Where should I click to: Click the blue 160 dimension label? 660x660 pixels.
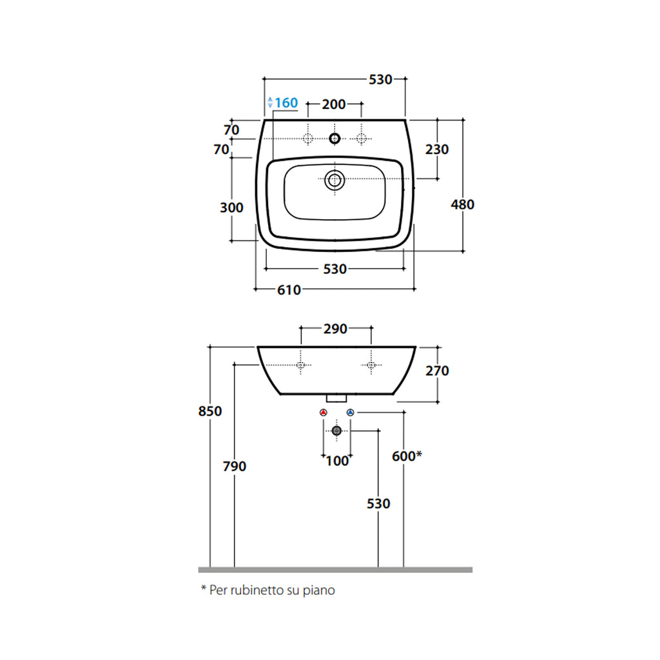point(286,103)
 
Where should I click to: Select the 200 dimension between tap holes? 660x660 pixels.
point(334,104)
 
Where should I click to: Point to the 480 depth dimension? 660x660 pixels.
point(462,204)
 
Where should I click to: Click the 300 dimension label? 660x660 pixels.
point(231,208)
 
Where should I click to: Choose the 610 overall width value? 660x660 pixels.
point(289,290)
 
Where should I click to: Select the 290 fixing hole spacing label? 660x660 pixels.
point(335,329)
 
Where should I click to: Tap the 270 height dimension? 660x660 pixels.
point(437,371)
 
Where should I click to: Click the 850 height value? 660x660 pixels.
point(210,411)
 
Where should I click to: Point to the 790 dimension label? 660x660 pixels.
point(234,466)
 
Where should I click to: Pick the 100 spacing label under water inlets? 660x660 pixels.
point(336,461)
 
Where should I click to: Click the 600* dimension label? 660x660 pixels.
point(407,456)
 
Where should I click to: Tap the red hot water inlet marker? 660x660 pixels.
point(324,412)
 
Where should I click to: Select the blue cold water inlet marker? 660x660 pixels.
point(350,412)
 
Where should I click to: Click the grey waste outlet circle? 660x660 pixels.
point(336,431)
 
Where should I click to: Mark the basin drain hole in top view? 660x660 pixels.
point(334,180)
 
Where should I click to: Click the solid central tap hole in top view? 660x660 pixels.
point(334,138)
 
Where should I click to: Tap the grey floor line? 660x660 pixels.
point(335,570)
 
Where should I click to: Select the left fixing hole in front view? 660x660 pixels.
point(300,365)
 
